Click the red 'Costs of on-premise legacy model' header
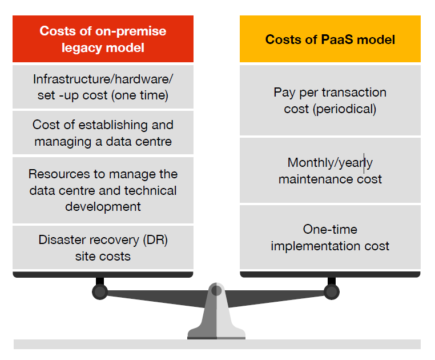click(x=103, y=39)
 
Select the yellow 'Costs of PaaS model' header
click(x=330, y=39)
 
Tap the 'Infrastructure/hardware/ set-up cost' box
click(x=103, y=87)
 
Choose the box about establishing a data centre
click(x=103, y=133)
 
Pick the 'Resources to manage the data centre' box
click(x=103, y=190)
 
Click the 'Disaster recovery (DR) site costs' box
click(x=103, y=247)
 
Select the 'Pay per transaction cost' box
click(x=330, y=100)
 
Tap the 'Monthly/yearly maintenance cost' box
click(x=330, y=170)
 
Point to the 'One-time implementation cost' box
click(x=330, y=237)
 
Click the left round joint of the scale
click(x=100, y=292)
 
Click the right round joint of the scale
click(x=331, y=292)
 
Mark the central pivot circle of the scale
click(x=216, y=290)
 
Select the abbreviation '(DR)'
click(x=153, y=239)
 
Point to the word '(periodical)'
click(x=344, y=109)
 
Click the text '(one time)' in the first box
click(x=140, y=95)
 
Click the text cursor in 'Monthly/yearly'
click(x=364, y=163)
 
